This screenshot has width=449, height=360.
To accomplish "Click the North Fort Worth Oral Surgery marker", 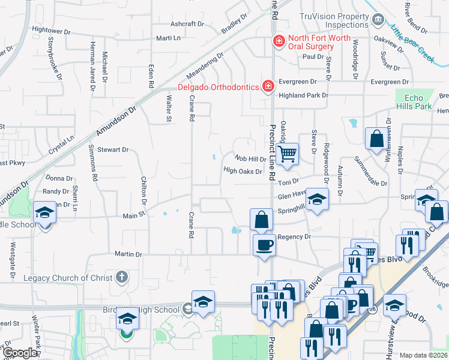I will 278,41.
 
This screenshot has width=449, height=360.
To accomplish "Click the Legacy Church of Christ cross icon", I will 122,277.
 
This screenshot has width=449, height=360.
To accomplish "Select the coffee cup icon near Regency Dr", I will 264,244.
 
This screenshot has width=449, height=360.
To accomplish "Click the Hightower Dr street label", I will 51,29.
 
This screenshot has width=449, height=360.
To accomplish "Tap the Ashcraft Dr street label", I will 187,25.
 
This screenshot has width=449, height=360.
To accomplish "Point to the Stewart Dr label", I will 113,149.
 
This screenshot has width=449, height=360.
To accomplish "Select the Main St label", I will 134,215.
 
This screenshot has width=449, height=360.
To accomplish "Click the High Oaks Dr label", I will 243,171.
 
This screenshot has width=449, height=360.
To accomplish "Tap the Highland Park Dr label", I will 304,95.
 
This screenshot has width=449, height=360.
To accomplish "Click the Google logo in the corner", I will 20,353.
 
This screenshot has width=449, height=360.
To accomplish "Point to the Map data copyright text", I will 423,355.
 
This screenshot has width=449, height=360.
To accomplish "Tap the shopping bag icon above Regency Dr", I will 261,219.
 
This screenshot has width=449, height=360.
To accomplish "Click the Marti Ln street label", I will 168,38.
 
